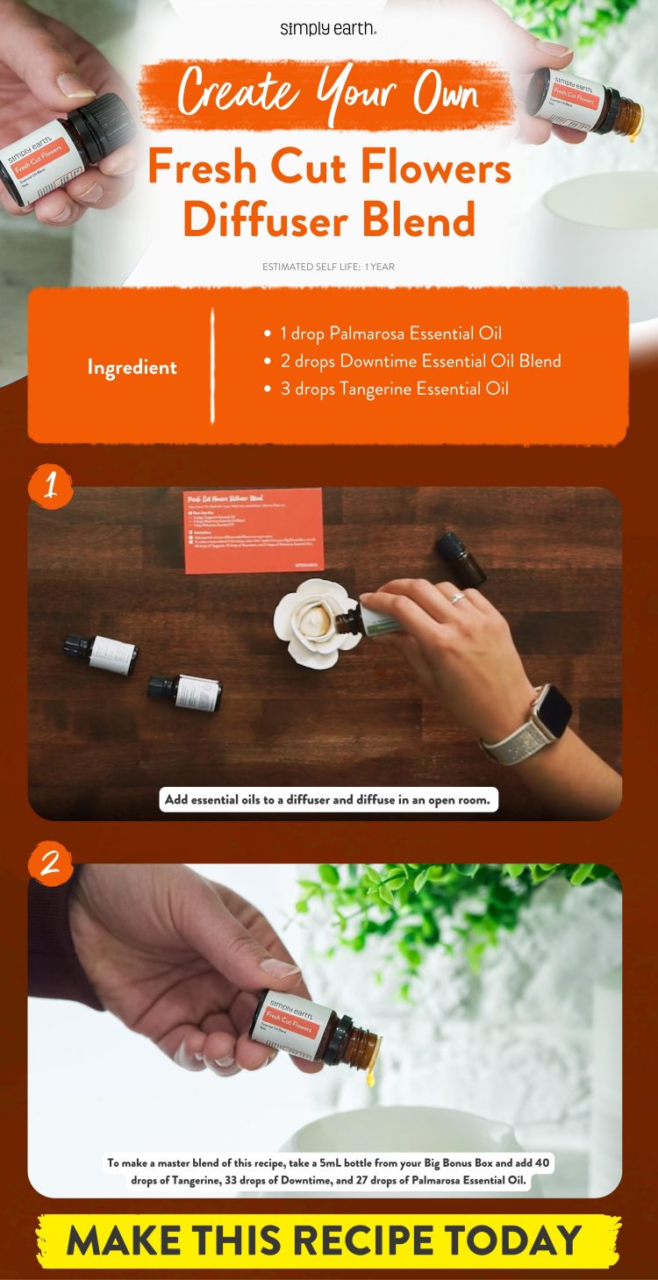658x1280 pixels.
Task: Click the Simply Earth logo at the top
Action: click(328, 29)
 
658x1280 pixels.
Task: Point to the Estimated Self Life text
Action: click(328, 267)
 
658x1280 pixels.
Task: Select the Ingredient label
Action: click(132, 368)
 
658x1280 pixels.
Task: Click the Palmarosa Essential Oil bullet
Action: click(390, 333)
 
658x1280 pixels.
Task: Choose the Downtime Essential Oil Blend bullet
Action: click(419, 361)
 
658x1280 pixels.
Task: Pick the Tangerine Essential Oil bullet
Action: click(394, 388)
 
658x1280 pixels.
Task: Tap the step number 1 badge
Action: click(51, 488)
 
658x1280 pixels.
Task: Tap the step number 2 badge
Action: click(51, 864)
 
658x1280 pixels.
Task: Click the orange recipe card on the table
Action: click(253, 530)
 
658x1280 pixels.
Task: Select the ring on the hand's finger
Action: click(458, 598)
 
